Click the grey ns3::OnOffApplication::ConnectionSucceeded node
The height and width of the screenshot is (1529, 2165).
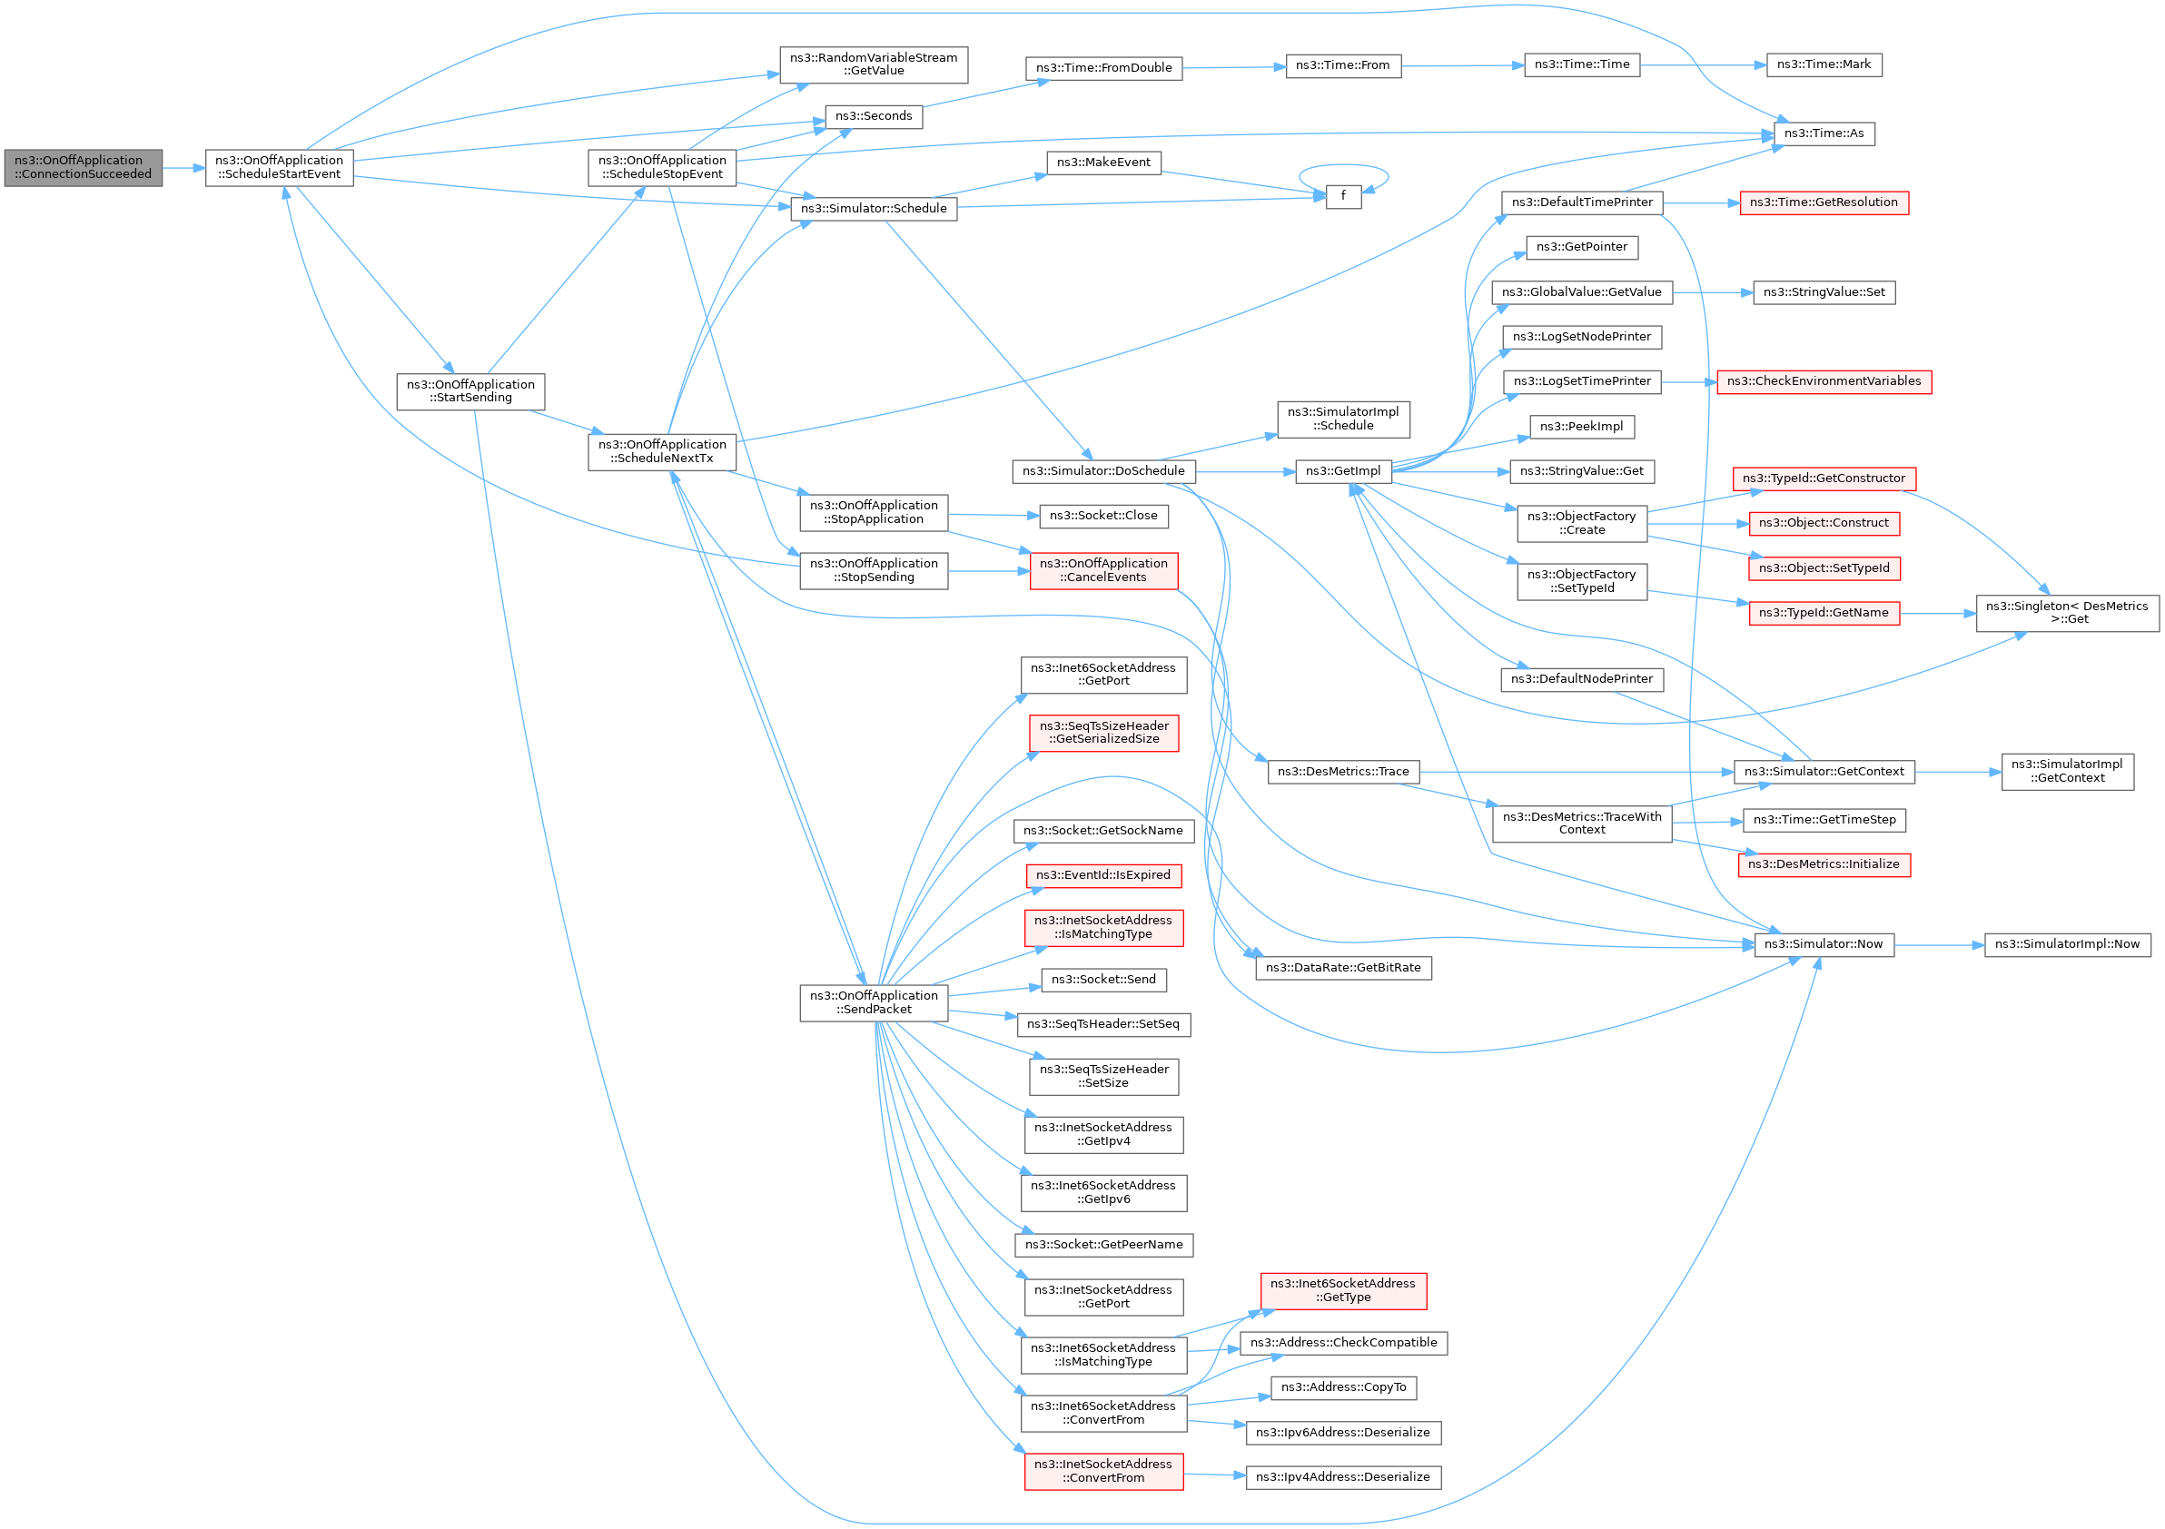[83, 168]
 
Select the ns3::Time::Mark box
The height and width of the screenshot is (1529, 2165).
[1823, 65]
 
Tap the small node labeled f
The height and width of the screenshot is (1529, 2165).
[1343, 196]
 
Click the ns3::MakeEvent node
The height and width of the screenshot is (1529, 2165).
[1103, 163]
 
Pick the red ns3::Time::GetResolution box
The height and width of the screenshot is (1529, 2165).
[1824, 202]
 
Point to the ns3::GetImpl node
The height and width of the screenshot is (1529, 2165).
[1343, 471]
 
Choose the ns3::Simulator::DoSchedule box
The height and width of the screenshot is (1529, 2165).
[1103, 471]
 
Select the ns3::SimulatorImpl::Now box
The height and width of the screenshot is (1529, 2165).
[2067, 944]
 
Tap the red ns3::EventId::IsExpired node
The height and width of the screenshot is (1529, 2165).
[1103, 876]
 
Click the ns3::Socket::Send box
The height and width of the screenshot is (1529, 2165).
[1103, 981]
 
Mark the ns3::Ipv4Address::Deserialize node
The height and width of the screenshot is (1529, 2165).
[1343, 1477]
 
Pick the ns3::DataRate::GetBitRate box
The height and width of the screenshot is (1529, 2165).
[1343, 968]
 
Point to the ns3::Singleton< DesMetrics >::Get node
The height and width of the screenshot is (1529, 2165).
[2067, 613]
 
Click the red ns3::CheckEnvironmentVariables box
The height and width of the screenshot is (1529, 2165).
[1824, 381]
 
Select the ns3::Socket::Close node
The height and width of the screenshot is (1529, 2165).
[1103, 516]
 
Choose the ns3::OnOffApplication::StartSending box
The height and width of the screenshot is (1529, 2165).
[470, 391]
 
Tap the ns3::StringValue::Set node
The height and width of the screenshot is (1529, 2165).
[1824, 292]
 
